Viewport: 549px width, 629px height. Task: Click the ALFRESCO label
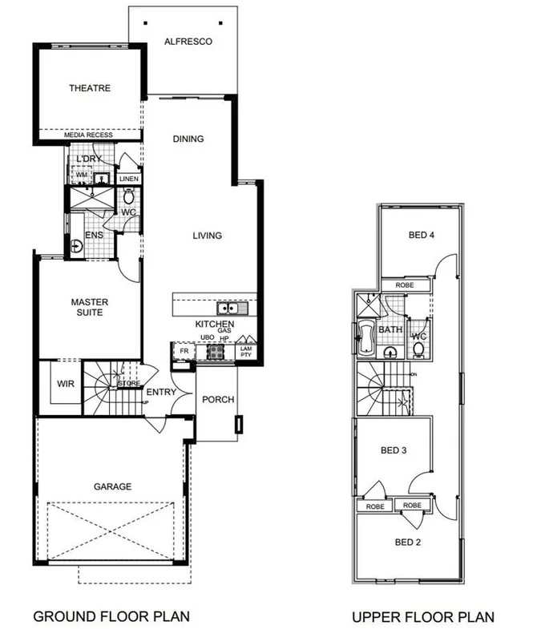click(x=188, y=41)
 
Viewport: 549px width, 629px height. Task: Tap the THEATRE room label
click(x=89, y=88)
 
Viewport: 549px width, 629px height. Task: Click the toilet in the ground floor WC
click(x=128, y=196)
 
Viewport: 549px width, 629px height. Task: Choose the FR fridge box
click(x=184, y=351)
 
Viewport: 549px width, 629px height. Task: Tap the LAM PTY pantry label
click(x=246, y=350)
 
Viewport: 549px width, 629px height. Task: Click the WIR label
click(x=65, y=384)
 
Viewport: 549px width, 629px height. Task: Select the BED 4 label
click(x=421, y=235)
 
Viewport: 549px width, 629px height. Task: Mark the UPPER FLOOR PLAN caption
click(x=422, y=616)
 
